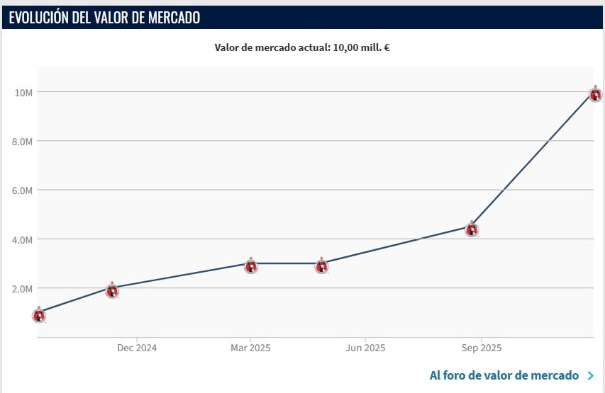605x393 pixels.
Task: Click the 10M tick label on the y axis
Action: pos(23,92)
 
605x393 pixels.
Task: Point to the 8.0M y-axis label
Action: pos(23,141)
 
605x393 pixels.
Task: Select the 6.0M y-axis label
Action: pos(23,190)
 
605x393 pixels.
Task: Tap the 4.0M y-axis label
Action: pos(23,239)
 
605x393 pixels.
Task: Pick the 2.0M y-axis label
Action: pos(23,288)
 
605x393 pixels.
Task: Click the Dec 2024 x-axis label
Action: pos(137,348)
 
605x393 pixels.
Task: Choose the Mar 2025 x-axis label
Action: pos(250,348)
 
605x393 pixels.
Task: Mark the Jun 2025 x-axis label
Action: pos(365,348)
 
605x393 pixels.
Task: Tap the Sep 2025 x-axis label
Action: pos(481,348)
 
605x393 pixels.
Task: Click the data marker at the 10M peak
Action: pos(596,94)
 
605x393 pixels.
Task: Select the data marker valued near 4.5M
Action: pos(472,229)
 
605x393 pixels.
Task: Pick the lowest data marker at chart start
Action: pos(39,315)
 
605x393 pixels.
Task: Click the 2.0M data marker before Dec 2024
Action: pos(112,290)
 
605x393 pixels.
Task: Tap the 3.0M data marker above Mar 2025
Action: pos(251,266)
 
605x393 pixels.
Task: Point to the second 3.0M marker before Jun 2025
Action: pos(321,266)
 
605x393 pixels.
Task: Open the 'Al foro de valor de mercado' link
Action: pos(504,375)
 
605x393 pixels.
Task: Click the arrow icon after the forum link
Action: pos(591,376)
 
